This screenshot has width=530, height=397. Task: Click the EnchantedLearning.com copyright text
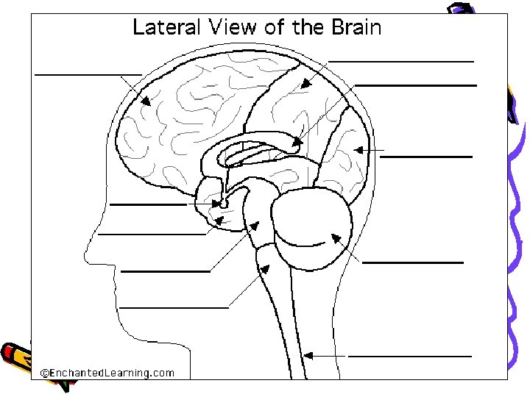pos(107,373)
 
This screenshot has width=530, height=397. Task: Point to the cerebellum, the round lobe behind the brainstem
pos(313,229)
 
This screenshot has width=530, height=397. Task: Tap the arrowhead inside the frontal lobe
pos(146,101)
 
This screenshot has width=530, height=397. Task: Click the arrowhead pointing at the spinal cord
pos(308,356)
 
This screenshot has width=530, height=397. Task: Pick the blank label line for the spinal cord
pos(409,356)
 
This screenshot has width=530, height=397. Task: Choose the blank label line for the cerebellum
pos(413,262)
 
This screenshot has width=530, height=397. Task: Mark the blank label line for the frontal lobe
pos(88,74)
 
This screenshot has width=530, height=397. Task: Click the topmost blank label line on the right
pos(401,61)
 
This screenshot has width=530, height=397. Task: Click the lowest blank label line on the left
pos(174,307)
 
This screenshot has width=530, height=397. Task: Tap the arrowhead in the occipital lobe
pos(359,150)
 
